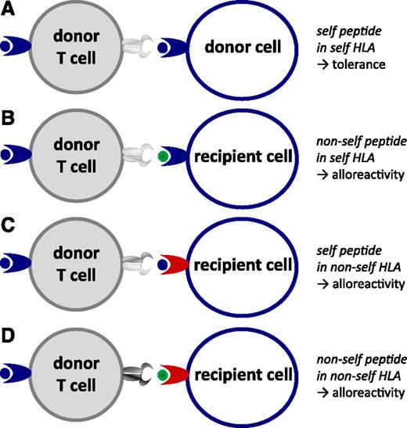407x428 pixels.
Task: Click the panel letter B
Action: click(9, 116)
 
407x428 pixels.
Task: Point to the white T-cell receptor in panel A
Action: click(138, 47)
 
